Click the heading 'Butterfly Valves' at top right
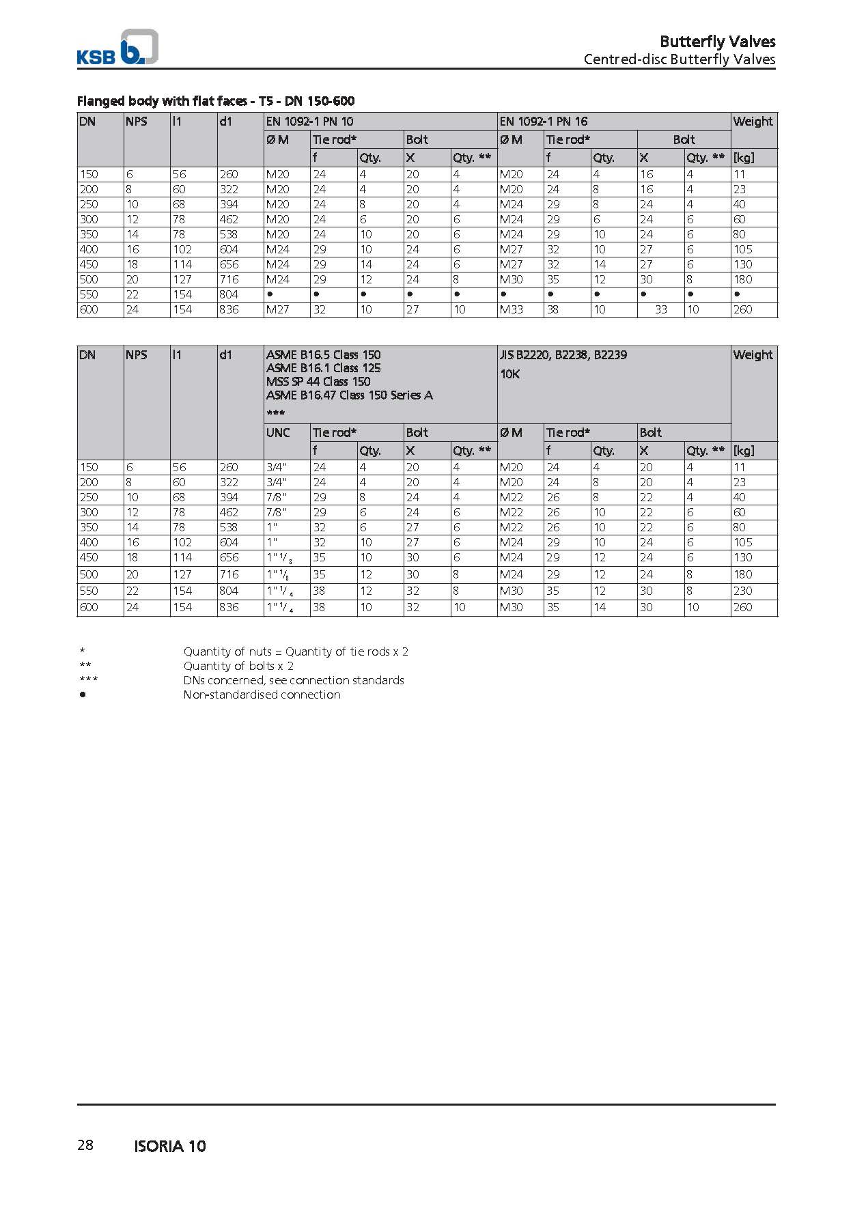tap(717, 42)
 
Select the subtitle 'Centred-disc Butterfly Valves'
tap(679, 59)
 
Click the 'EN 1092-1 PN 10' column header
tap(309, 122)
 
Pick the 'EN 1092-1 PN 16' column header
tap(544, 122)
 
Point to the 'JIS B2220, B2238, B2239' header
tap(563, 355)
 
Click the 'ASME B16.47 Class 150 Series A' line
tap(349, 395)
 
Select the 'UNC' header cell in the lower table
tap(278, 433)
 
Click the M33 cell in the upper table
tap(511, 309)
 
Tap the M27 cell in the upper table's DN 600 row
tap(277, 309)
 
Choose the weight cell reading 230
tap(742, 591)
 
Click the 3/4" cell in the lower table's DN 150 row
tap(277, 468)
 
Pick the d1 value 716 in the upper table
tap(229, 279)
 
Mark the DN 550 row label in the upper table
tap(89, 294)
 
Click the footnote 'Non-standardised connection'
tap(262, 695)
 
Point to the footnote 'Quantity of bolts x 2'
tap(238, 666)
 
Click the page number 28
tap(85, 1145)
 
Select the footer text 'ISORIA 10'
tap(170, 1147)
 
